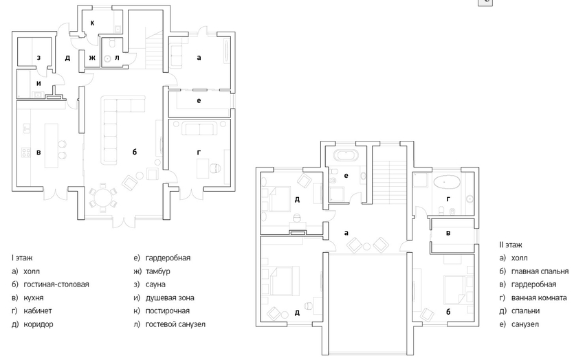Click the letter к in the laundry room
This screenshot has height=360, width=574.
coord(92,23)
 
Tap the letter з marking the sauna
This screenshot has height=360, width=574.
coord(38,58)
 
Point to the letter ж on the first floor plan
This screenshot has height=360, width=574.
coord(92,58)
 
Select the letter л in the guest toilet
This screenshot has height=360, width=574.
coord(117,58)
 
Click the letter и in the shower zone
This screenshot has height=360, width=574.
coord(38,83)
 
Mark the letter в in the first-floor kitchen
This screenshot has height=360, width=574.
coord(38,153)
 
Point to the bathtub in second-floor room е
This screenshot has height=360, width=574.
coord(346,155)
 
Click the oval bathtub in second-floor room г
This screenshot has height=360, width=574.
coord(447,182)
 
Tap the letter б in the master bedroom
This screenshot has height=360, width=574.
coord(448,312)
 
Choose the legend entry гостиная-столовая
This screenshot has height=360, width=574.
coord(56,284)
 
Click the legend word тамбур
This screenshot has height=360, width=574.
coord(158,271)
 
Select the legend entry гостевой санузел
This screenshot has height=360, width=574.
coord(175,324)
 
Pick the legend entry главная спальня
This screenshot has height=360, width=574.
coord(540,271)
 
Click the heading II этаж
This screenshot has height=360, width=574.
coord(511,245)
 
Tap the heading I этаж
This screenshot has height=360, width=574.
coord(22,258)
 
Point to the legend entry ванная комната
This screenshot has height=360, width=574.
coord(539,297)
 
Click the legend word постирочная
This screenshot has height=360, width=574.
coord(168,311)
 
